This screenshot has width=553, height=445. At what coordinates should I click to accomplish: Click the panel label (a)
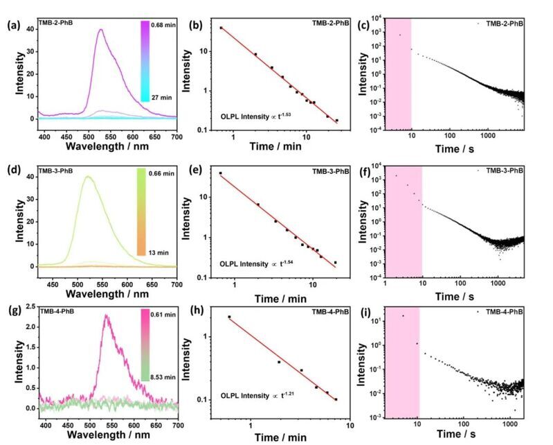tap(12, 26)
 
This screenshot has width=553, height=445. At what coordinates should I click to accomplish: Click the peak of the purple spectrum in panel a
tap(102, 30)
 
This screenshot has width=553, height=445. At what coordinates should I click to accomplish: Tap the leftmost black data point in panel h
tap(229, 317)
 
